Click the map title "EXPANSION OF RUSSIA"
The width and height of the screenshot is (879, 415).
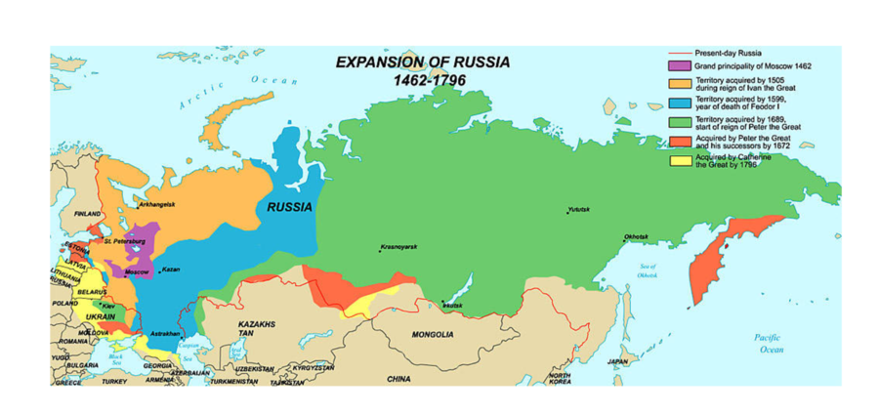tap(422, 62)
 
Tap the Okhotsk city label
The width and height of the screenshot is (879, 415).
tap(636, 237)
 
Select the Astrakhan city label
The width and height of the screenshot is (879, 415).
tap(166, 334)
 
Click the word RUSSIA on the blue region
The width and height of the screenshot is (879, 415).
tap(289, 207)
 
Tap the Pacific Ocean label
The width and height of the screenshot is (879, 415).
tap(772, 343)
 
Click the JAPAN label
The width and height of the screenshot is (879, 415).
tap(617, 361)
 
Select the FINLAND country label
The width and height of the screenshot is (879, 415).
tap(88, 213)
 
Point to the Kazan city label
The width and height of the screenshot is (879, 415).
tap(169, 270)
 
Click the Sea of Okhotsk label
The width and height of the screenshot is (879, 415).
tap(647, 270)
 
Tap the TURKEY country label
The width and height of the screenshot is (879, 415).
tap(114, 381)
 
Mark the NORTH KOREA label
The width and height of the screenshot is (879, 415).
tap(560, 378)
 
